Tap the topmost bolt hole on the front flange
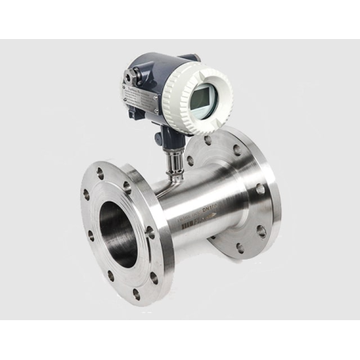pos(101,170)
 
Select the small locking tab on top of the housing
pos(189,57)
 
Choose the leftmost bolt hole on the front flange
pos(85,194)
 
